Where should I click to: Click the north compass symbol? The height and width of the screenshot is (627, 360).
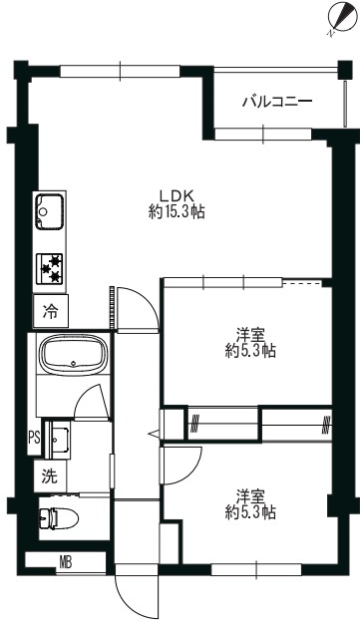tap(342, 19)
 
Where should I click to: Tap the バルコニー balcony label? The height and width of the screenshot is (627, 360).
tap(277, 102)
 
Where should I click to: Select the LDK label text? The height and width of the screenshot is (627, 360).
tap(177, 196)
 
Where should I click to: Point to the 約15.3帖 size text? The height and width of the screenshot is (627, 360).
tap(177, 211)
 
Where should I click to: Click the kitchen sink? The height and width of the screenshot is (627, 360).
tap(50, 211)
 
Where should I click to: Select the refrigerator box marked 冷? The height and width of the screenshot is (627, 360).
tap(51, 311)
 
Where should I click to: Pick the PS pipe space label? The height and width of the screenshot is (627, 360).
tap(34, 438)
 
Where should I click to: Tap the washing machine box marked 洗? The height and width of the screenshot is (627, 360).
tap(50, 475)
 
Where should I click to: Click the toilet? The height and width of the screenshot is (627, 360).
tap(59, 517)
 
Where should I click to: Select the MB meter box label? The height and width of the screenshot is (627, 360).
tap(66, 563)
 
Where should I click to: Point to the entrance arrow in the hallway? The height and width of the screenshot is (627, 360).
tap(154, 433)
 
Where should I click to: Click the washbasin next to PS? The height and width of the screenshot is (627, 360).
tap(60, 439)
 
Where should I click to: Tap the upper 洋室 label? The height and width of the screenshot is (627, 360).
tap(250, 334)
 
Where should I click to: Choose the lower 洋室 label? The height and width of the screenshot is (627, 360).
tap(250, 497)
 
